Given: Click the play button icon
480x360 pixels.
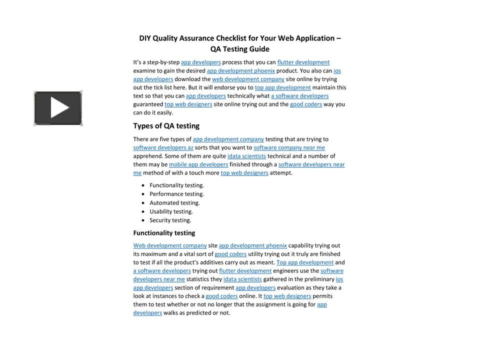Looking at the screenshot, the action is coord(58,108).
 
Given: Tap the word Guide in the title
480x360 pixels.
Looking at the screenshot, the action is coord(258,49).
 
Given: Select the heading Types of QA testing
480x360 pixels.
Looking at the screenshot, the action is coord(166,126).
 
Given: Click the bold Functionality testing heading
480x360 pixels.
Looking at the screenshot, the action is coord(164,233).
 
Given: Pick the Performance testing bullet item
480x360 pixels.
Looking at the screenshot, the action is coord(176,194).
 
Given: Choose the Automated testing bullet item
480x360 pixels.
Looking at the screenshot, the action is coord(174,203).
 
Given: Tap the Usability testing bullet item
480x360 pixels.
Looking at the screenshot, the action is coord(171,211).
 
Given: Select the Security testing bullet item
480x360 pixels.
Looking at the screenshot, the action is coord(170,220).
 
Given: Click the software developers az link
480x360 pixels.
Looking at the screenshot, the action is coord(163,147).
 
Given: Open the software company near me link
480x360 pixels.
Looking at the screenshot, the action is coord(289,147).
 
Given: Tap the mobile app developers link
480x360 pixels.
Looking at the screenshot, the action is coord(198,164).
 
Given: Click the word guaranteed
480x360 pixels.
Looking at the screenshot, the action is coord(148,104).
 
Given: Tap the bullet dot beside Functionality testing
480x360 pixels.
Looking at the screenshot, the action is coord(143,185).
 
